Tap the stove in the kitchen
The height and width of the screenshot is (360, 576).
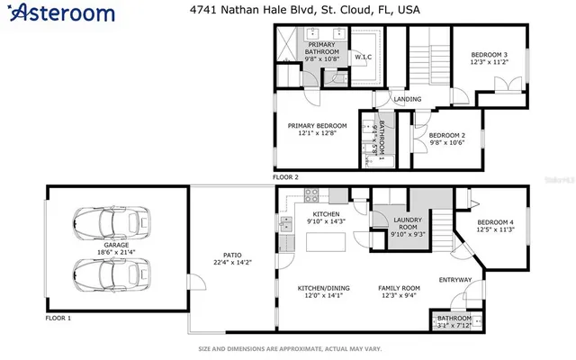click(x=312, y=194)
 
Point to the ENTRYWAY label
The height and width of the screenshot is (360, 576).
click(x=454, y=280)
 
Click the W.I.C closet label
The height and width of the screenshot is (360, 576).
click(x=364, y=58)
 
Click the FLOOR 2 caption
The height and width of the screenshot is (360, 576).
click(x=285, y=177)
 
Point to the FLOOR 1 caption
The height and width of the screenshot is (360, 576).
click(x=58, y=319)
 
